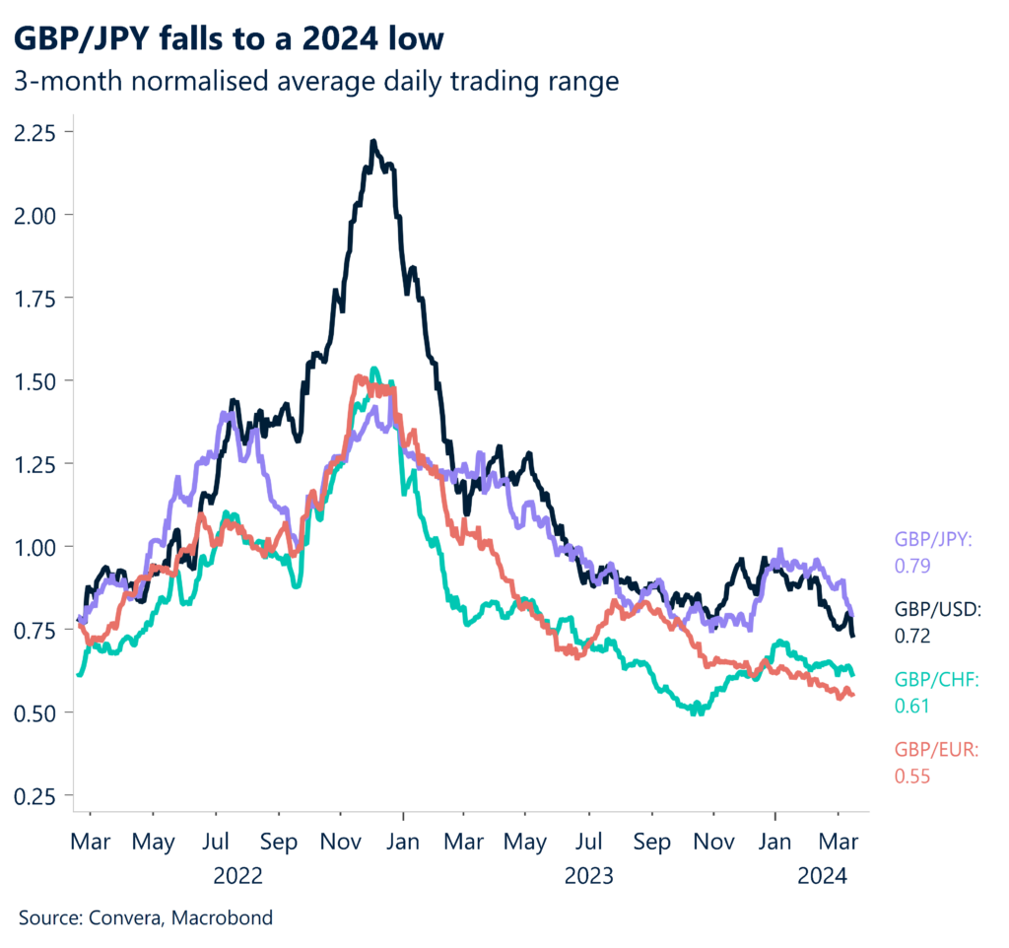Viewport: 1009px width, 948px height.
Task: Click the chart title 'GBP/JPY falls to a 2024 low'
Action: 229,39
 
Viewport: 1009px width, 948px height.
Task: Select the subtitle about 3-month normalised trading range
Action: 316,81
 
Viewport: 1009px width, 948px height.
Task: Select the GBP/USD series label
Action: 937,609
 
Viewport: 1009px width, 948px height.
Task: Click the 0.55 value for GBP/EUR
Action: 911,776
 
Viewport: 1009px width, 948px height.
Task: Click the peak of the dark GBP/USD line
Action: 373,142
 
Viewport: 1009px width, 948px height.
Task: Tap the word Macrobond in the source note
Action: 222,917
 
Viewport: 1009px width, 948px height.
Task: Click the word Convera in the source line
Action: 127,917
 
